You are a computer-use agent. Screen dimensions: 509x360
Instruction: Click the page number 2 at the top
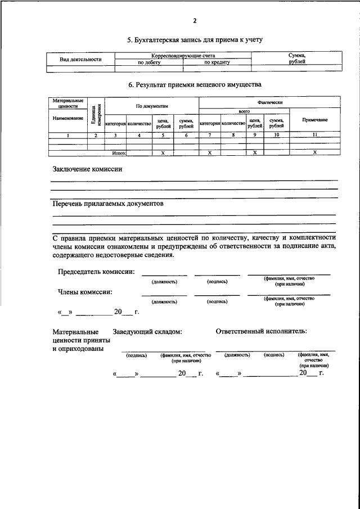(195, 21)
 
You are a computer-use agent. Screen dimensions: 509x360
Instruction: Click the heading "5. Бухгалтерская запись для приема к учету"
(195, 40)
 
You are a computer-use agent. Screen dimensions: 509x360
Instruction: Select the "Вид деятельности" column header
(80, 59)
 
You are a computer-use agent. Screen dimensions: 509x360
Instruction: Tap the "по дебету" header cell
(149, 62)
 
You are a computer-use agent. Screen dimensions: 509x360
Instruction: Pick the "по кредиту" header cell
(217, 62)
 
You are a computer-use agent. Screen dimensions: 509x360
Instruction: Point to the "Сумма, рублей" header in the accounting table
(296, 58)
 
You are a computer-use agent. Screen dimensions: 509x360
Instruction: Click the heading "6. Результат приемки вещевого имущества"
(195, 84)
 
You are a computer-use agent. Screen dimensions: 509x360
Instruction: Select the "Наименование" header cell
(67, 119)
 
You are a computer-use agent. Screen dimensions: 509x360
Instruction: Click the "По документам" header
(152, 105)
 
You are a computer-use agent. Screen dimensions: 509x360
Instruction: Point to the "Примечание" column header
(315, 120)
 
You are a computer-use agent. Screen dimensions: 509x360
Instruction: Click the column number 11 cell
(315, 136)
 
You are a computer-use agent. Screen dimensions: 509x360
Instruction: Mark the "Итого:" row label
(119, 152)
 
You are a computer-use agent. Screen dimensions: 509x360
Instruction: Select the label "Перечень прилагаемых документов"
(107, 204)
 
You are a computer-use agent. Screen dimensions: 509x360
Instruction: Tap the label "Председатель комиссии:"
(96, 272)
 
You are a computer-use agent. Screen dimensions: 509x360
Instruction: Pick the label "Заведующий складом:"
(147, 332)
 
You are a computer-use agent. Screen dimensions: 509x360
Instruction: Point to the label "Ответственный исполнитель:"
(262, 331)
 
